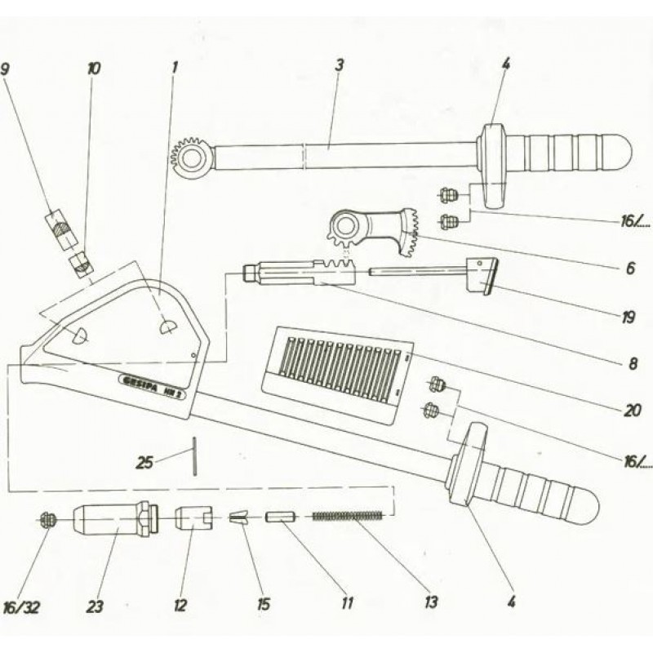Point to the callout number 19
pos(628,318)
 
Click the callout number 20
pos(629,411)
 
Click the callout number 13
pos(430,602)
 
